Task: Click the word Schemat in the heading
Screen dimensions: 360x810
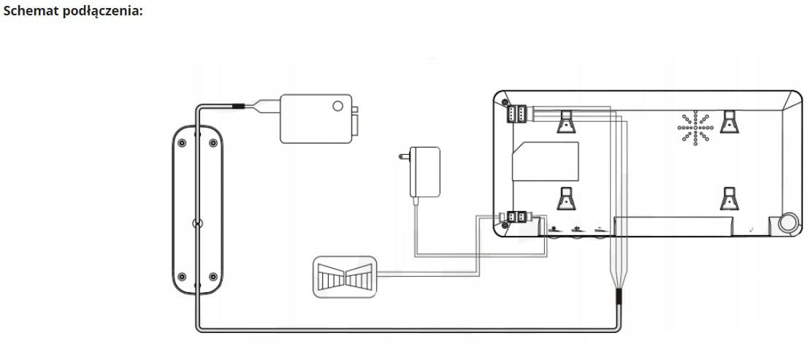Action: click(x=28, y=12)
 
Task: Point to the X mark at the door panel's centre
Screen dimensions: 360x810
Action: click(x=196, y=224)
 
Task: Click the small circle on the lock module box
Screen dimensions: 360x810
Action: click(x=337, y=106)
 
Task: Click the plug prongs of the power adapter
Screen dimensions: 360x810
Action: click(x=402, y=156)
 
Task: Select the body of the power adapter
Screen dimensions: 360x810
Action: click(x=425, y=172)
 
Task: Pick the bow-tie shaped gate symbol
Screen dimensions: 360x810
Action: click(x=345, y=277)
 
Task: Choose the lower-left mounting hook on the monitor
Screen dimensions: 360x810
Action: click(x=566, y=199)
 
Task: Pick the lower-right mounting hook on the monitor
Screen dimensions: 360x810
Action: click(x=729, y=199)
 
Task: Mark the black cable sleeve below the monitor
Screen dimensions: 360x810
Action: click(x=619, y=297)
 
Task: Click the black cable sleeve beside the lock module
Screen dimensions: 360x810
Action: click(x=239, y=107)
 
